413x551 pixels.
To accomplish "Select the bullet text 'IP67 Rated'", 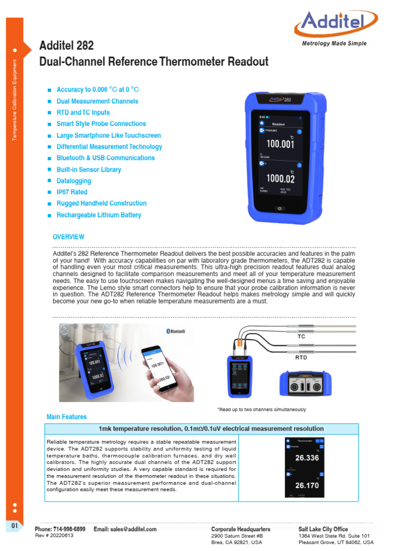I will click(72, 192).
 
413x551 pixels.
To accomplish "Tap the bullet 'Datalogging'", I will click(74, 181).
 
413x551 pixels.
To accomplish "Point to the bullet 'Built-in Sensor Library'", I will click(89, 169).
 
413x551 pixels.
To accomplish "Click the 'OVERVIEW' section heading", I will click(68, 237).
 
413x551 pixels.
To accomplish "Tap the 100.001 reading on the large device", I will click(280, 144).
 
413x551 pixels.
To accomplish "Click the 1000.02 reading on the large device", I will click(280, 179).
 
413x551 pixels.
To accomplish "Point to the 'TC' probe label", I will click(301, 336).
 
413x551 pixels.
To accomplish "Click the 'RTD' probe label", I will click(301, 357).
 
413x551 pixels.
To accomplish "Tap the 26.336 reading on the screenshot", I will click(308, 458).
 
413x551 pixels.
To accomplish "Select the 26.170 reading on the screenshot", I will click(308, 485).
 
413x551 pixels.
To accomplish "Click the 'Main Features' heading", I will click(67, 417).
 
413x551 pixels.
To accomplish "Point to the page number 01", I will click(15, 525).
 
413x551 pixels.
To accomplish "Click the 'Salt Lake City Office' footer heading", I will click(323, 529).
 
